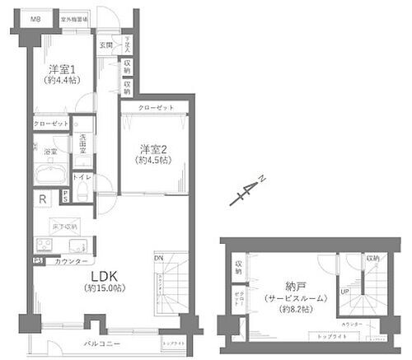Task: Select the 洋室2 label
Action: point(153,149)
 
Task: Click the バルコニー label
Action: point(102,342)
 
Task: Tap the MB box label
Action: point(35,18)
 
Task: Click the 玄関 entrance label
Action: point(106,45)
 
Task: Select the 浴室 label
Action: point(49,152)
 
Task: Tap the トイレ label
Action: point(82,177)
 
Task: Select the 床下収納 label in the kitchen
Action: point(63,226)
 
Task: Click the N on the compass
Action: point(260,178)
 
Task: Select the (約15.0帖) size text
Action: point(105,289)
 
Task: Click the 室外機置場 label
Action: point(76,17)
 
